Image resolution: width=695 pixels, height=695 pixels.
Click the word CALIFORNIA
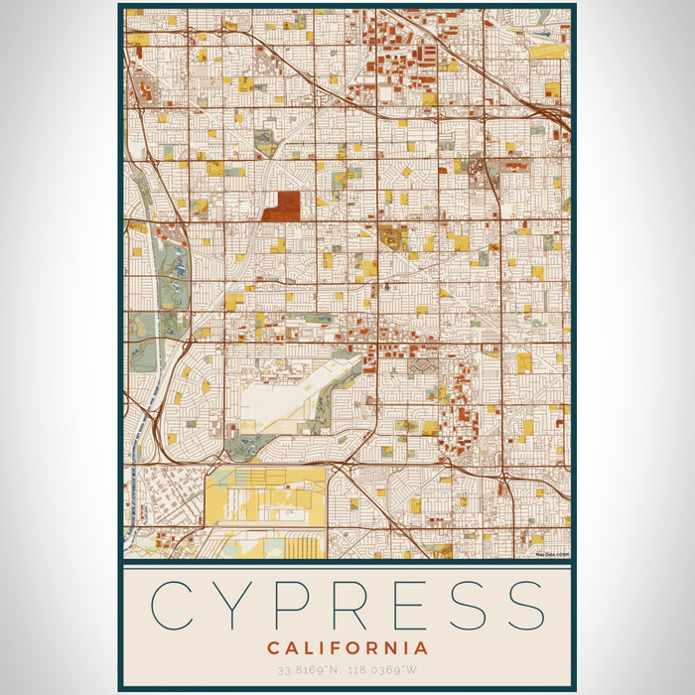[347, 648]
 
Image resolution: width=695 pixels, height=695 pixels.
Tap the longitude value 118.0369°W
[386, 671]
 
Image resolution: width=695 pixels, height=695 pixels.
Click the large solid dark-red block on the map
[284, 206]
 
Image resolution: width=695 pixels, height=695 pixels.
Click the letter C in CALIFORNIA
[272, 648]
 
